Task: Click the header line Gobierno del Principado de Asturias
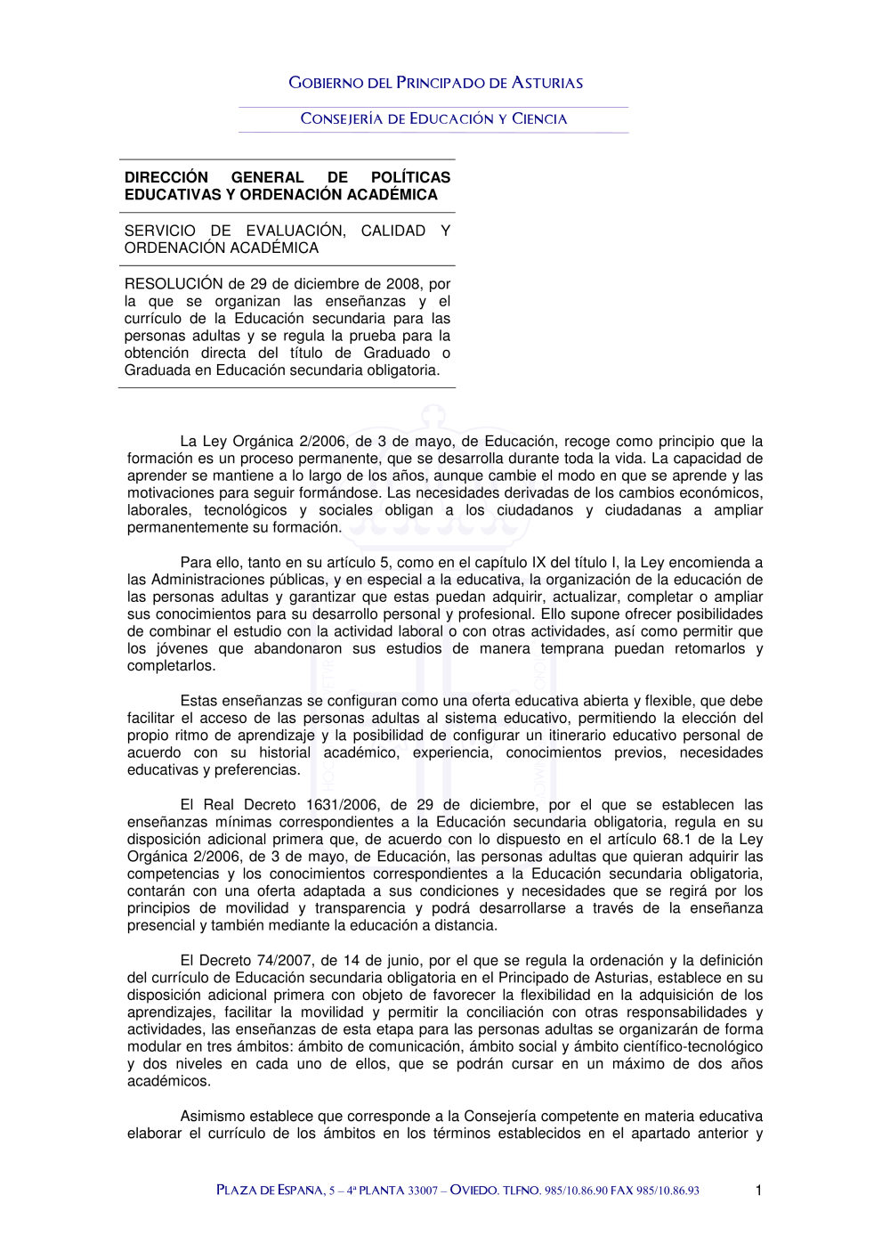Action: point(436,83)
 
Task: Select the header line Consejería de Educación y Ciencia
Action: point(433,118)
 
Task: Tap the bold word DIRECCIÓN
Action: point(166,177)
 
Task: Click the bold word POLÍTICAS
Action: point(410,177)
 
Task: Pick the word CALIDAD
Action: point(392,231)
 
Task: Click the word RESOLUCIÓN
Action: point(174,284)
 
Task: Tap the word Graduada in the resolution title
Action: point(157,370)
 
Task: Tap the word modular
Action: point(154,1046)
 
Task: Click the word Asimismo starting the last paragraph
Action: point(213,1116)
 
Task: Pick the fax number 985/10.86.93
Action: point(667,1191)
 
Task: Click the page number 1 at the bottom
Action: point(758,1191)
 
